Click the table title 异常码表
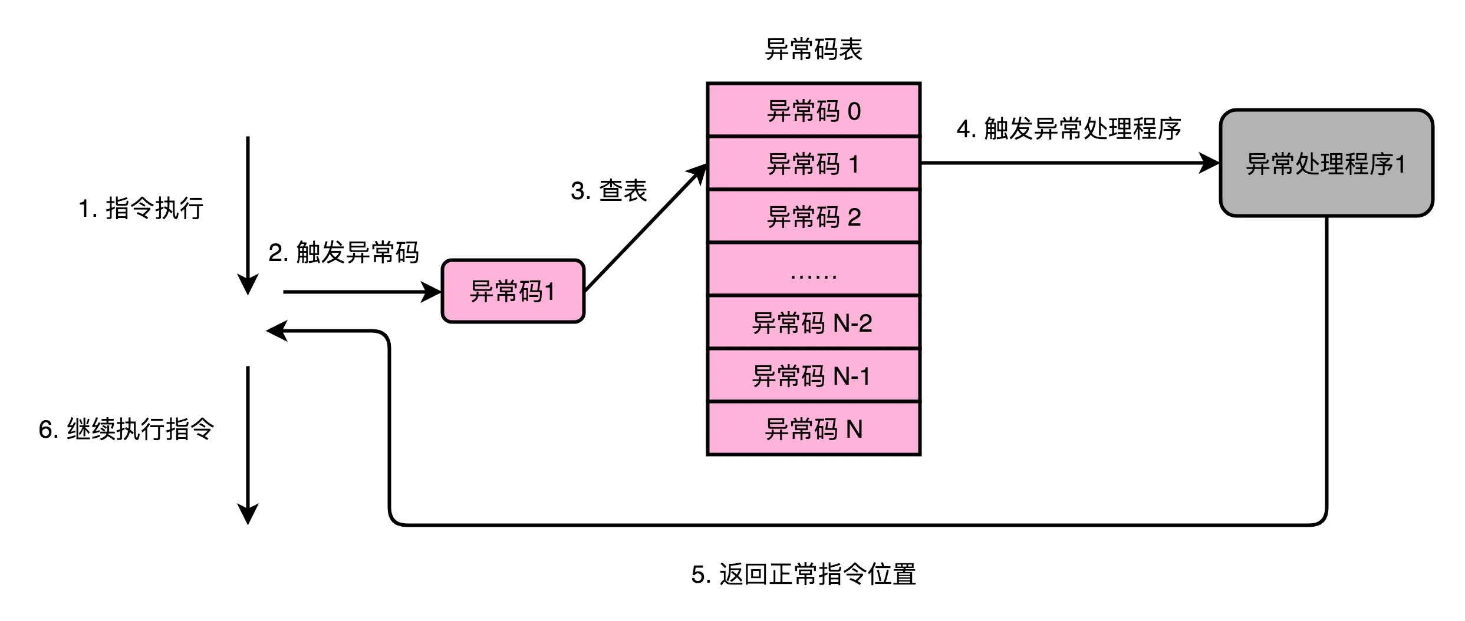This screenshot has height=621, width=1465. pyautogui.click(x=814, y=49)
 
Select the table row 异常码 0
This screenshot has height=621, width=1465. pyautogui.click(x=814, y=111)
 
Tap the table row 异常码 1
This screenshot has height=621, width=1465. pyautogui.click(x=814, y=163)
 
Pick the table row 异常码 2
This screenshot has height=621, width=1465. pyautogui.click(x=814, y=216)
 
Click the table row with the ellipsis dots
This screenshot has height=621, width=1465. pyautogui.click(x=814, y=269)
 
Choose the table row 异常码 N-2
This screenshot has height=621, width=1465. pyautogui.click(x=814, y=322)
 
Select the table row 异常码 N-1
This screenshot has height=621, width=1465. pyautogui.click(x=814, y=375)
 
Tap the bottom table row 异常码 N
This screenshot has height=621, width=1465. pyautogui.click(x=814, y=428)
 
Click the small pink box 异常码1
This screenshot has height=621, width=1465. pyautogui.click(x=513, y=291)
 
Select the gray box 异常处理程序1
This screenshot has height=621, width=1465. pyautogui.click(x=1326, y=163)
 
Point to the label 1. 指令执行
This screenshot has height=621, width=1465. pyautogui.click(x=141, y=209)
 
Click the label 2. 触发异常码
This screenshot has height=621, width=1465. pyautogui.click(x=344, y=253)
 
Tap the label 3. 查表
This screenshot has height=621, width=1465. pyautogui.click(x=609, y=191)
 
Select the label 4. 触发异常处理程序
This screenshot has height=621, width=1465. pyautogui.click(x=1069, y=129)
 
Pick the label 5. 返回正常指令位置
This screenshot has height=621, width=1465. pyautogui.click(x=804, y=574)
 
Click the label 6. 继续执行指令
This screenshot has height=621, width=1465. pyautogui.click(x=126, y=429)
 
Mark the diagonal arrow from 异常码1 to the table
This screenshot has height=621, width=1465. pyautogui.click(x=646, y=228)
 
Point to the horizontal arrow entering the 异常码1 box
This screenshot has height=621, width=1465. pyautogui.click(x=360, y=292)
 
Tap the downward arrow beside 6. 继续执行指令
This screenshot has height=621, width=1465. pyautogui.click(x=248, y=442)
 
